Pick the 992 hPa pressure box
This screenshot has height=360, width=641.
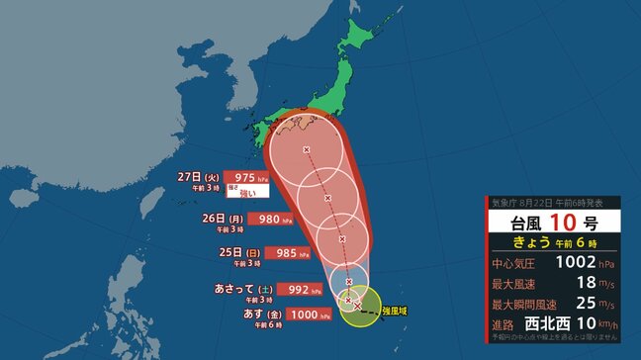tap(302, 290)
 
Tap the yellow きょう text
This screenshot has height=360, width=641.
tap(533, 242)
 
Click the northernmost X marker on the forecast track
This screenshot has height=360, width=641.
tap(306, 150)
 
